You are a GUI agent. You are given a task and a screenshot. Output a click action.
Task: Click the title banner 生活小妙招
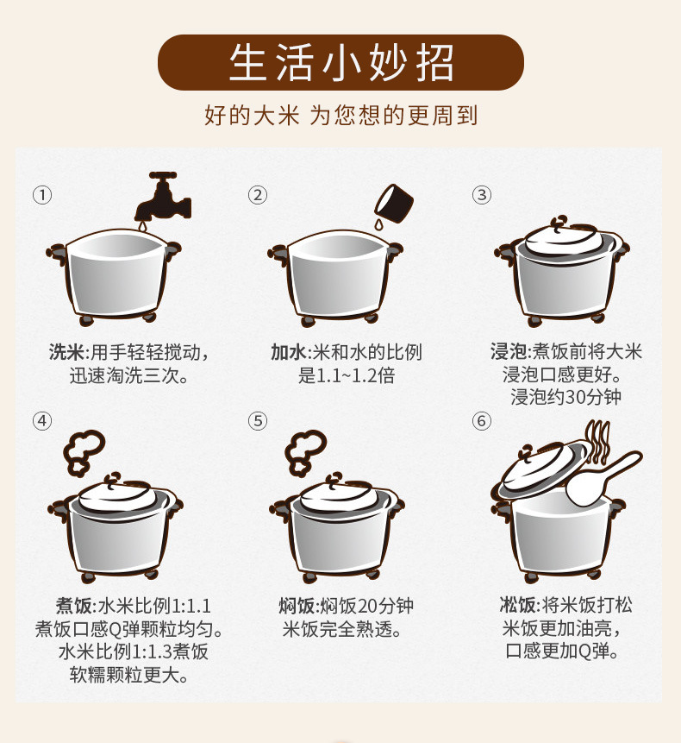pyautogui.click(x=340, y=62)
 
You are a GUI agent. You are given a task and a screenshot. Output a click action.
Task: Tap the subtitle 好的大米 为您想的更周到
pyautogui.click(x=340, y=115)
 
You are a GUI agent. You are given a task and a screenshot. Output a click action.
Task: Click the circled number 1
pyautogui.click(x=42, y=195)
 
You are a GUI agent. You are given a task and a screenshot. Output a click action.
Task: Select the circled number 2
pyautogui.click(x=258, y=195)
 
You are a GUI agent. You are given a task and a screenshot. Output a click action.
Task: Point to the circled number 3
pyautogui.click(x=482, y=195)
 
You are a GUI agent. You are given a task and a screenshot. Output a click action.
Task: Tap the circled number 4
pyautogui.click(x=42, y=421)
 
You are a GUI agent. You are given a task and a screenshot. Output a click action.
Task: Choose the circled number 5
pyautogui.click(x=258, y=421)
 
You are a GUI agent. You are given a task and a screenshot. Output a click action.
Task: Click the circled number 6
pyautogui.click(x=482, y=421)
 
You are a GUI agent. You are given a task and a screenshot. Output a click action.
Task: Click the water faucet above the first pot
pyautogui.click(x=163, y=199)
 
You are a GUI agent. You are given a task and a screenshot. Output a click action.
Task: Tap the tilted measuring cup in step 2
pyautogui.click(x=394, y=204)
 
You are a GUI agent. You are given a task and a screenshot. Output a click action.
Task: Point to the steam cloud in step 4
pyautogui.click(x=84, y=452)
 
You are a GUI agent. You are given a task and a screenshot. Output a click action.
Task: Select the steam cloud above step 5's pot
pyautogui.click(x=305, y=452)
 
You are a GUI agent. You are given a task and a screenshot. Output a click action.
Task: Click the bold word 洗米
pyautogui.click(x=66, y=352)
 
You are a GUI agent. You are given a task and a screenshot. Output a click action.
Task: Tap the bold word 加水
pyautogui.click(x=289, y=352)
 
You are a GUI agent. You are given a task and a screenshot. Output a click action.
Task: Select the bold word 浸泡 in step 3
pyautogui.click(x=509, y=351)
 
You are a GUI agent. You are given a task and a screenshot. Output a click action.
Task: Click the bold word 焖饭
pyautogui.click(x=297, y=606)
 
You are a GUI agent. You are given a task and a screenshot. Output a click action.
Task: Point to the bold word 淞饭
pyautogui.click(x=518, y=605)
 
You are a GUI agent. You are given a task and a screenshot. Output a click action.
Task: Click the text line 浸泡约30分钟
pyautogui.click(x=565, y=397)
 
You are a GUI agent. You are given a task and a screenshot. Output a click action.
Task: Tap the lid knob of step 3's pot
pyautogui.click(x=560, y=223)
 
